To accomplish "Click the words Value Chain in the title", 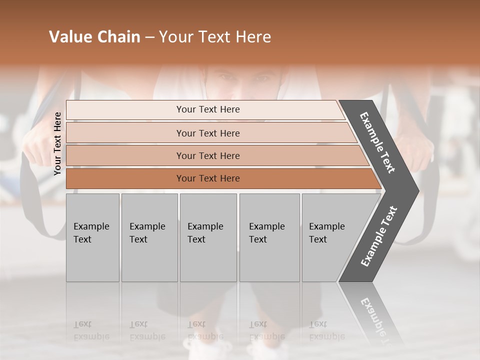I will pyautogui.click(x=94, y=37).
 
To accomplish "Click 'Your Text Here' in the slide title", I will pyautogui.click(x=215, y=37).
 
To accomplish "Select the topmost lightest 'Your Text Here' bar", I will pyautogui.click(x=207, y=109).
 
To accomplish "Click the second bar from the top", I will pyautogui.click(x=207, y=133).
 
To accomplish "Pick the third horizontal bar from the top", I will pyautogui.click(x=207, y=155).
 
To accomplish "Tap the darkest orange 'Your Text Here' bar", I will pyautogui.click(x=207, y=178).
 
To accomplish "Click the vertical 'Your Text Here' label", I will pyautogui.click(x=57, y=143).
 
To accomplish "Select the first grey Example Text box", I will pyautogui.click(x=92, y=237).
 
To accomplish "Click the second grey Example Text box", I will pyautogui.click(x=149, y=237).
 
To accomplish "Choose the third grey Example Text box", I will pyautogui.click(x=208, y=237).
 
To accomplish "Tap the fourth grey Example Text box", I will pyautogui.click(x=269, y=237).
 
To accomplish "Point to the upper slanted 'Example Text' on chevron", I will pyautogui.click(x=377, y=142).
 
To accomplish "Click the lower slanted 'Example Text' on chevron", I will pyautogui.click(x=379, y=236).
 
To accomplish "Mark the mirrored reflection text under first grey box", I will pyautogui.click(x=91, y=330).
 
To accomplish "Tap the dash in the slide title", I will pyautogui.click(x=149, y=37).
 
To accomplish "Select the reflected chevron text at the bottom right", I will pyautogui.click(x=377, y=320).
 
